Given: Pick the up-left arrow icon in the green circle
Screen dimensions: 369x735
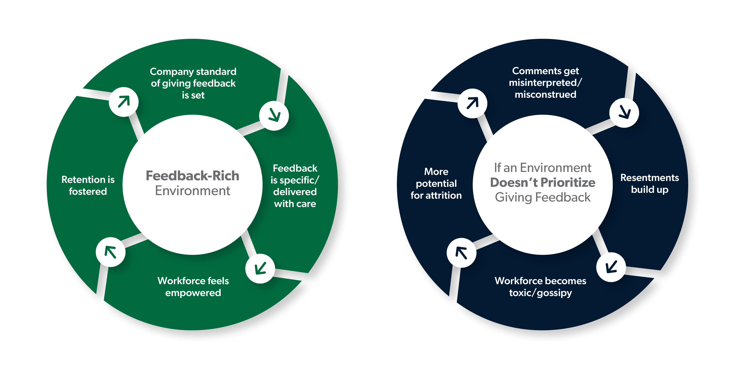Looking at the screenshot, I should [110, 252].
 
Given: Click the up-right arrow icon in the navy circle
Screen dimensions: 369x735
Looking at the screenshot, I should [472, 103].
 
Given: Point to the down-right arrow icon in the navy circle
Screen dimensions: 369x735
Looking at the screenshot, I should [624, 113].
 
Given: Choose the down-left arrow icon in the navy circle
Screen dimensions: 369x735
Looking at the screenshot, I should [611, 267].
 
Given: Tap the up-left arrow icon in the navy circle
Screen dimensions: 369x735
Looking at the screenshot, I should [461, 253].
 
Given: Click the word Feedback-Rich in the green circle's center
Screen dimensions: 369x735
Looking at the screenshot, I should [192, 176].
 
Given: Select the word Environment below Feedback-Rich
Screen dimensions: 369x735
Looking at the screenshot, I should [193, 191].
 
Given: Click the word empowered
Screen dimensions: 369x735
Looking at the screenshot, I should [193, 293].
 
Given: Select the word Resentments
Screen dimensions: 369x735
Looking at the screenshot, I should [650, 178].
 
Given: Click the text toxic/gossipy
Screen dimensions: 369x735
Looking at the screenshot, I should [540, 293].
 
